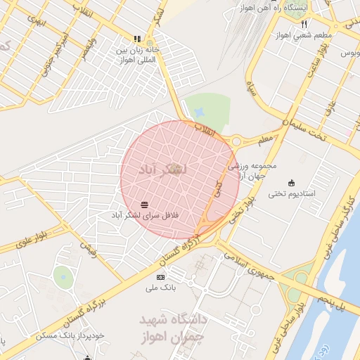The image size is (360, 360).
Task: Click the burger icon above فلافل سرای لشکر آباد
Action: (x=144, y=204)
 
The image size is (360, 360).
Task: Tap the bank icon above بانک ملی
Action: (x=160, y=278)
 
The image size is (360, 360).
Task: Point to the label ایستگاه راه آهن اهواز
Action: (x=289, y=8)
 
